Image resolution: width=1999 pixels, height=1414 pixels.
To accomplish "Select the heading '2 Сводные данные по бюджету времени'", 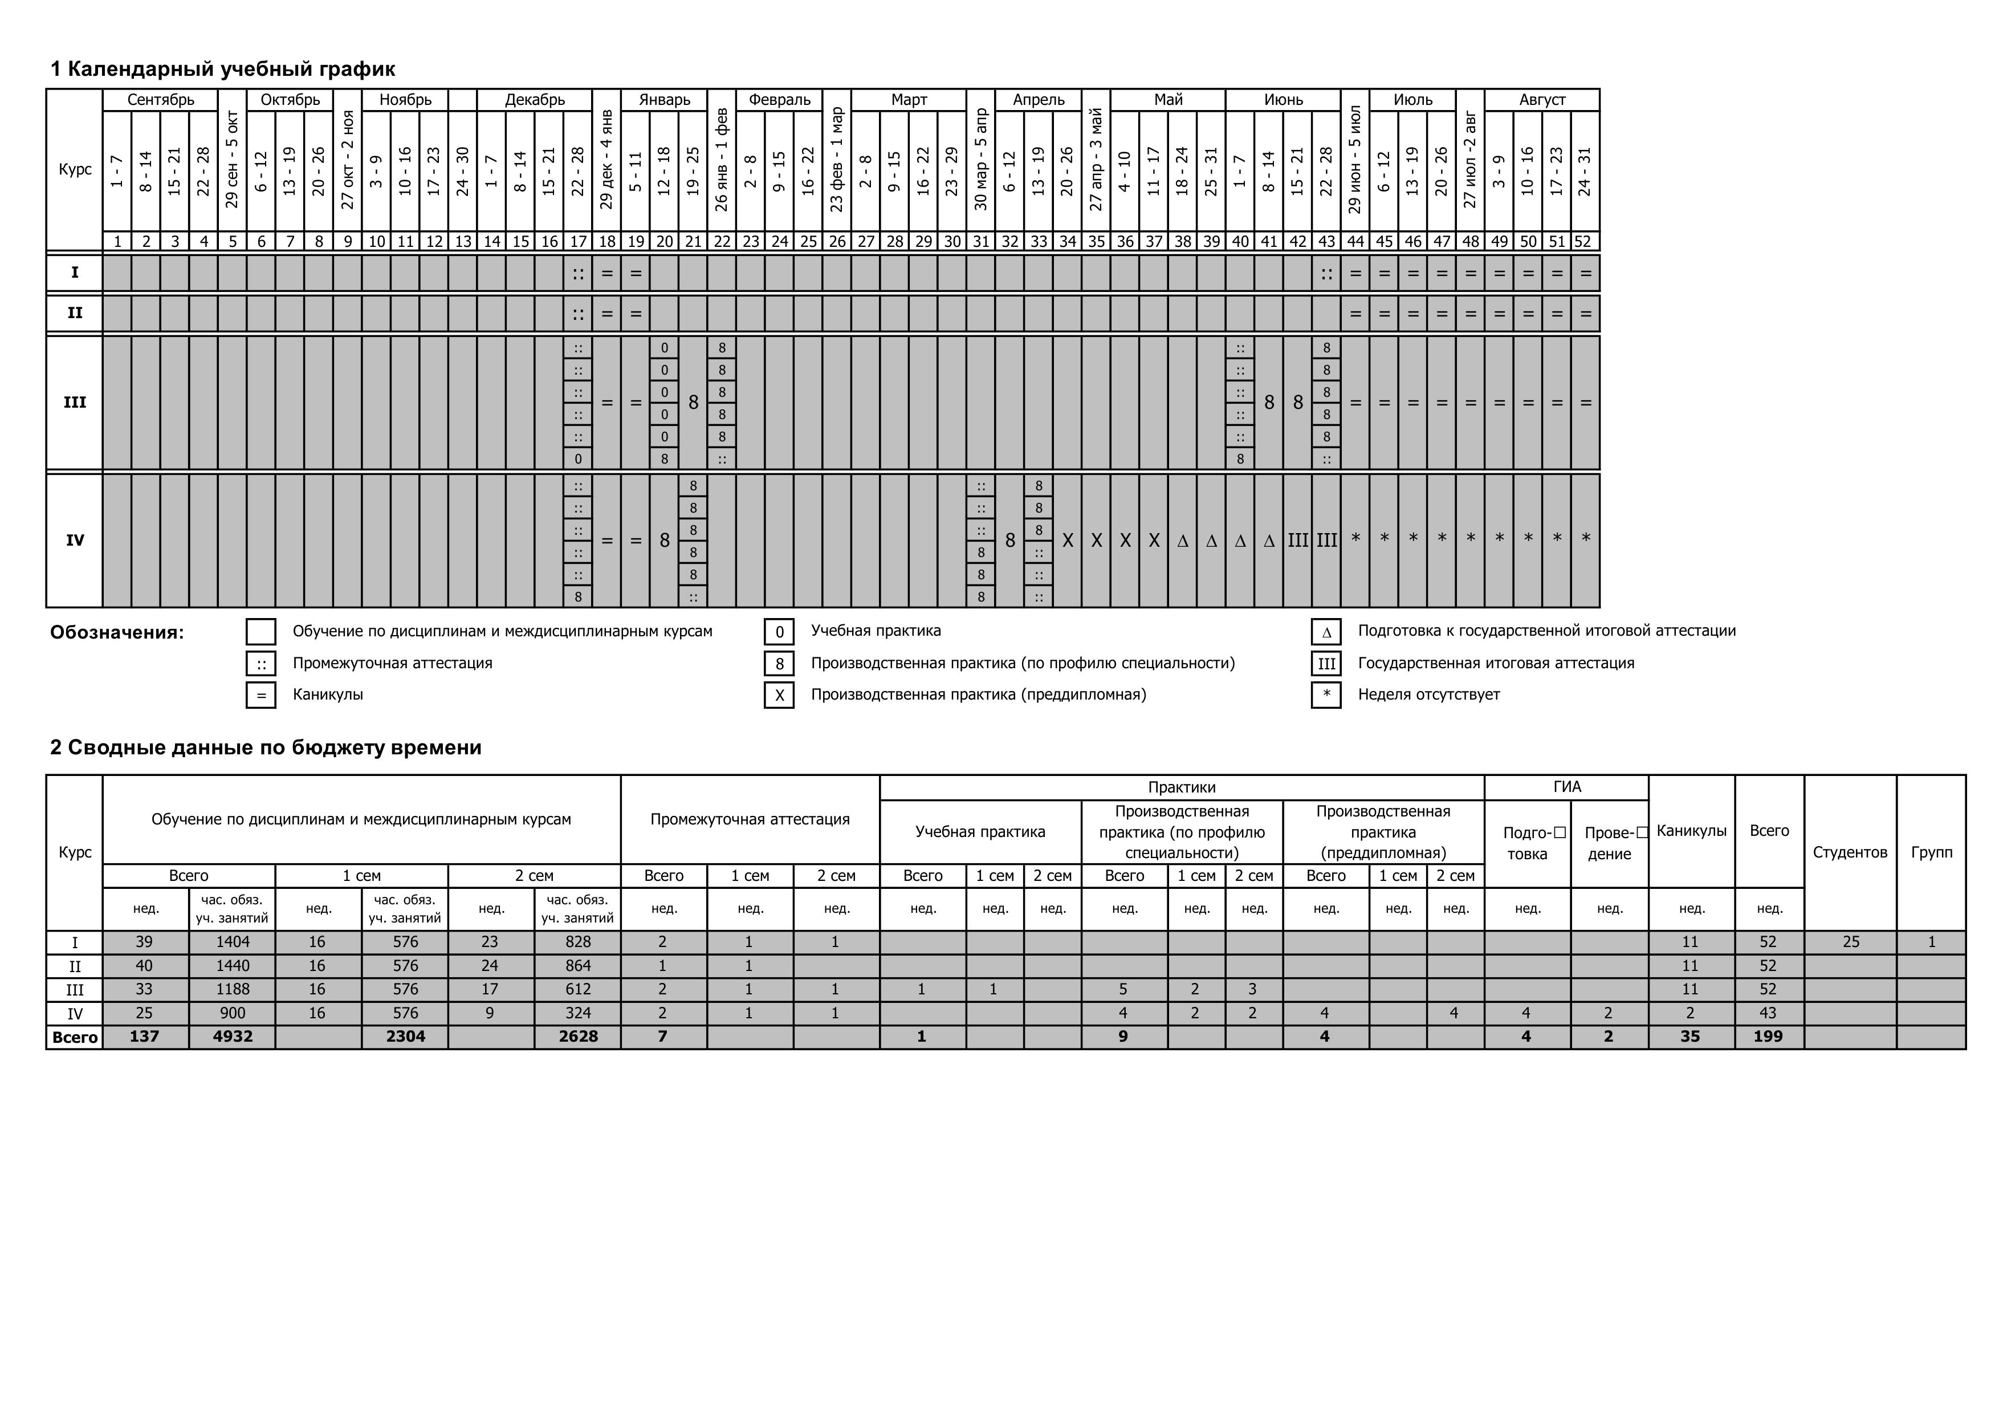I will (266, 747).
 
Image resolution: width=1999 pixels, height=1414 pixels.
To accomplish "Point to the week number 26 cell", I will (837, 241).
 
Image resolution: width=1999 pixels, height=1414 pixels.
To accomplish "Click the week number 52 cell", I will (1585, 241).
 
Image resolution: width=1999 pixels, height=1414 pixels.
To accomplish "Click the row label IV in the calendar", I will (75, 540).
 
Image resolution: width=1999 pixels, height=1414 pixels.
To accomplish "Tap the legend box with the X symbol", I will (779, 696).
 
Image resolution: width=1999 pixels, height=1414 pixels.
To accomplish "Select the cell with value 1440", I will (233, 966).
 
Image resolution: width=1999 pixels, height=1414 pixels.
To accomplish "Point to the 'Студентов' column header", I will (1850, 852).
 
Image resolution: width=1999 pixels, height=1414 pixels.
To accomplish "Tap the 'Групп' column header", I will (1931, 852).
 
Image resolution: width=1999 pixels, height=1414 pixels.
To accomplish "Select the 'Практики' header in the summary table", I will (1182, 787).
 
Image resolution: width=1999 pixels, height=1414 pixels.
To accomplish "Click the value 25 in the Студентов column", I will (1850, 942).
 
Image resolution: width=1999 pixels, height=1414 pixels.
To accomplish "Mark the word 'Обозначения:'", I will (117, 633).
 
